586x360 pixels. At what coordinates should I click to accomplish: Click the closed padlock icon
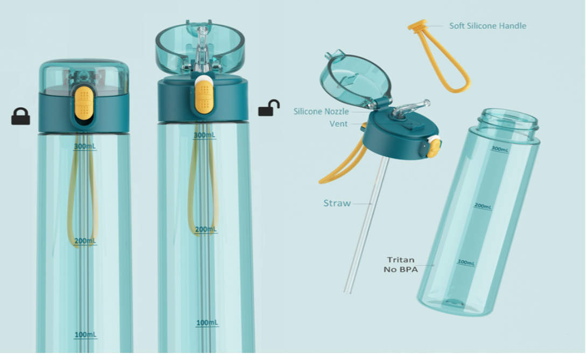pos(20,116)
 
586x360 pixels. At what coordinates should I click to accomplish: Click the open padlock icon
pos(269,108)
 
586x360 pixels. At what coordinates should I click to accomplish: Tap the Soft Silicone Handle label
pos(487,26)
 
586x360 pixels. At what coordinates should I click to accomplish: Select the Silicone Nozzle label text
pos(321,112)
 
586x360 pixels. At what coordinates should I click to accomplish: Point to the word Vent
pos(339,124)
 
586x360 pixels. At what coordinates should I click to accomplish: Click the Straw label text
pos(337,203)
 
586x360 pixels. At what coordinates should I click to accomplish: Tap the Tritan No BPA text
pos(401,264)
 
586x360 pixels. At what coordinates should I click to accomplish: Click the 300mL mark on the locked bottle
pos(85,146)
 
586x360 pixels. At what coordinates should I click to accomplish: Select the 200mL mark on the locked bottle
pos(85,241)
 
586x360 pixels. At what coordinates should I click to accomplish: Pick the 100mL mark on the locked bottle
pos(86,335)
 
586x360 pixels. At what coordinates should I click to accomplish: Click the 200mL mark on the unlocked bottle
pos(206,229)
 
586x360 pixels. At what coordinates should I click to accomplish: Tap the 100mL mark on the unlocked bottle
pos(207,323)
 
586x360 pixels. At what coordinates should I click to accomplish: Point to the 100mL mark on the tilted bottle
pos(466,263)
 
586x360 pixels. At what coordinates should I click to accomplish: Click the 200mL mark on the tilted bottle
pos(483,206)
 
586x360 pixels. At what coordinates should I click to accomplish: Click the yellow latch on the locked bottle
pos(83,100)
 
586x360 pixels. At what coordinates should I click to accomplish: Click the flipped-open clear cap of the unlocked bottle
pos(200,48)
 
